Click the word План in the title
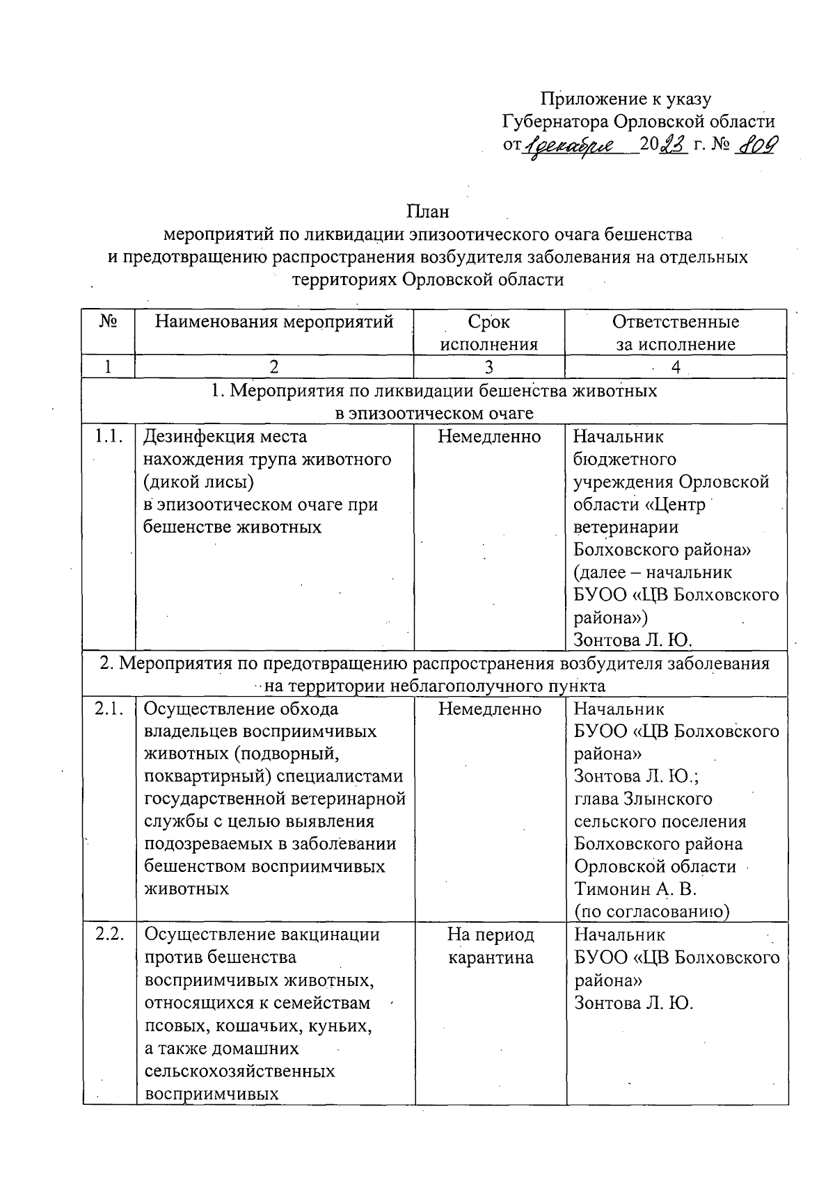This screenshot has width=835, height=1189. pyautogui.click(x=428, y=211)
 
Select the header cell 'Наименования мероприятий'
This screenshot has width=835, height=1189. pyautogui.click(x=273, y=322)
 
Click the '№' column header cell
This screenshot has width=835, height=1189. pyautogui.click(x=108, y=322)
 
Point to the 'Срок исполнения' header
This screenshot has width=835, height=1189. pyautogui.click(x=489, y=332)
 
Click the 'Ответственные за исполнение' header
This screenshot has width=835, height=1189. pyautogui.click(x=675, y=332)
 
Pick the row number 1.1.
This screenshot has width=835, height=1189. pyautogui.click(x=109, y=437)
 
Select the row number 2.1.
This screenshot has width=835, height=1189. pyautogui.click(x=109, y=709)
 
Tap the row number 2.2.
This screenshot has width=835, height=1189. pyautogui.click(x=109, y=935)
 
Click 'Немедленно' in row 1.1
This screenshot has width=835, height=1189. pyautogui.click(x=489, y=437)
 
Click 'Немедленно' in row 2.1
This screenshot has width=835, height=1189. pyautogui.click(x=490, y=709)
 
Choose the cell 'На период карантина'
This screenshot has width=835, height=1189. pyautogui.click(x=490, y=946)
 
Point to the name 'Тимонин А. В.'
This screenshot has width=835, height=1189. pyautogui.click(x=635, y=889)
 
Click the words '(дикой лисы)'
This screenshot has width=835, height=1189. pyautogui.click(x=198, y=482)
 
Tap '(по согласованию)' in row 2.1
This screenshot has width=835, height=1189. pyautogui.click(x=651, y=912)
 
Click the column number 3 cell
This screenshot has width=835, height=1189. pyautogui.click(x=489, y=367)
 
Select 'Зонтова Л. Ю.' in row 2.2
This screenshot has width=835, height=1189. pyautogui.click(x=633, y=1003)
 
